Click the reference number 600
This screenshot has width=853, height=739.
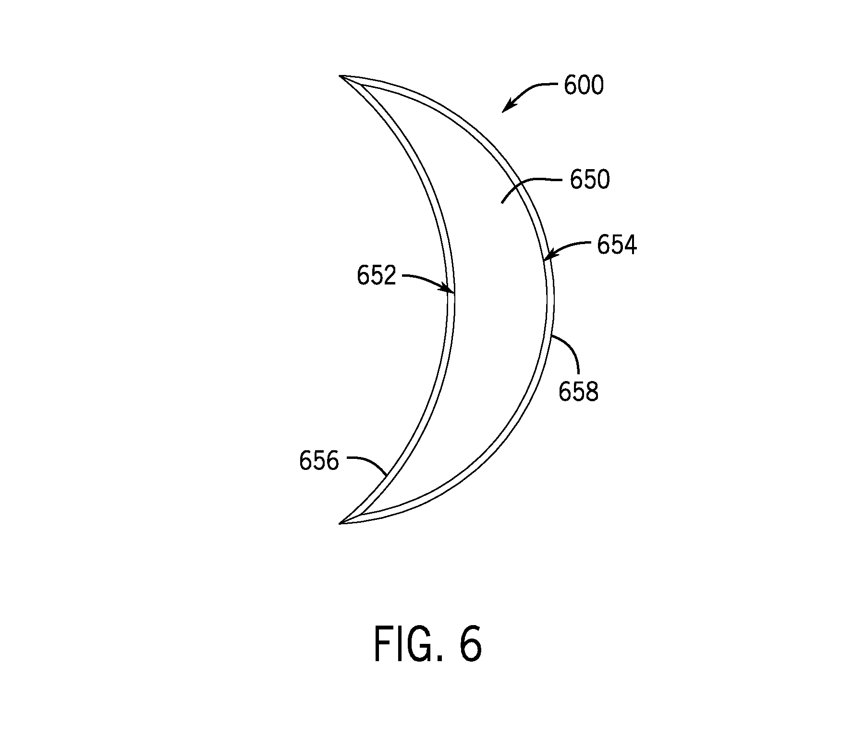point(584,86)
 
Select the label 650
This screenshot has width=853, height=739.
point(590,180)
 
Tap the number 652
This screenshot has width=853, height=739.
point(377,276)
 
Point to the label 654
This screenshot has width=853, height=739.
point(617,245)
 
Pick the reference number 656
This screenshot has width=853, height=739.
point(319,461)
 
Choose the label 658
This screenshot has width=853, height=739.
point(578,392)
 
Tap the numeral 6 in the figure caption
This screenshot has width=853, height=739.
point(470,643)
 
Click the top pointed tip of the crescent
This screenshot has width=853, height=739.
point(340,76)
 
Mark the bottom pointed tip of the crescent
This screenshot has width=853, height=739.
point(340,523)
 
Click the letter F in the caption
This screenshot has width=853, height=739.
point(383,643)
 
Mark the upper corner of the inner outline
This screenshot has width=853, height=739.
point(361,86)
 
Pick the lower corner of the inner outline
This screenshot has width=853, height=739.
point(360,514)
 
